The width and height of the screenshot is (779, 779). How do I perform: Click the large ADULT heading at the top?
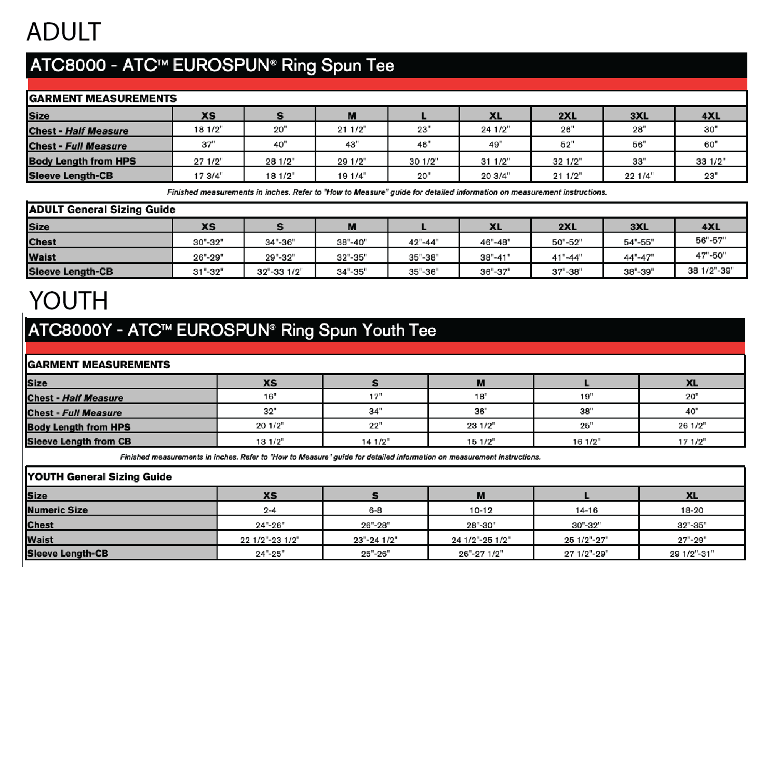[x=63, y=32]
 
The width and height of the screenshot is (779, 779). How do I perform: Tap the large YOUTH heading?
[x=69, y=301]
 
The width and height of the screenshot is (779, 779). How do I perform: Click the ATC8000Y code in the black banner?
[x=70, y=330]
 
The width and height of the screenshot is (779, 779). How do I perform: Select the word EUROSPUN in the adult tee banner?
[x=220, y=65]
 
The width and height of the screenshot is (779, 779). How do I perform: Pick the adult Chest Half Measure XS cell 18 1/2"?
[x=208, y=130]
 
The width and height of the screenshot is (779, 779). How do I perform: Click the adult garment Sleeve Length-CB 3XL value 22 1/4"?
[x=639, y=176]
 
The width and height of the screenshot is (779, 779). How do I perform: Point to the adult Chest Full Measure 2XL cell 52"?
[x=567, y=144]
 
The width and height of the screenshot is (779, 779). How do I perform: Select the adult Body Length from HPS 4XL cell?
[x=710, y=161]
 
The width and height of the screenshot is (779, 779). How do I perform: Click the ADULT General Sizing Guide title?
[x=102, y=210]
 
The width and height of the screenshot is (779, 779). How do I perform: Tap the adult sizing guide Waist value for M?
[x=352, y=257]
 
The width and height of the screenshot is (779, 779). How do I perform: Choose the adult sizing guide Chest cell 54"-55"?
[x=639, y=242]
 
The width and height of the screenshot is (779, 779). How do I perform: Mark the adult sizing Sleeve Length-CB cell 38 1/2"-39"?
[x=710, y=271]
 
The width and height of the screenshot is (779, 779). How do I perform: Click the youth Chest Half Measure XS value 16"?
[x=270, y=397]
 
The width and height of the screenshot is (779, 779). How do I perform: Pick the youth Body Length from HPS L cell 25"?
[x=586, y=426]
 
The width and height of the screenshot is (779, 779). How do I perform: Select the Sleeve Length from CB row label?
[x=79, y=441]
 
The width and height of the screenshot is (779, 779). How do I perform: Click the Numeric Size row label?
[x=58, y=510]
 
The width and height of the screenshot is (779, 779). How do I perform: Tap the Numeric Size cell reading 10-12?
[x=481, y=511]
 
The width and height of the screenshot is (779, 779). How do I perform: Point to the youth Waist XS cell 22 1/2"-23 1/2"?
[x=270, y=540]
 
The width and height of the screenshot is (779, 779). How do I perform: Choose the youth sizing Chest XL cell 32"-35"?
[x=692, y=525]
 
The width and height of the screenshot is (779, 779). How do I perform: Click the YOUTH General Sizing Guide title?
[x=100, y=477]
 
